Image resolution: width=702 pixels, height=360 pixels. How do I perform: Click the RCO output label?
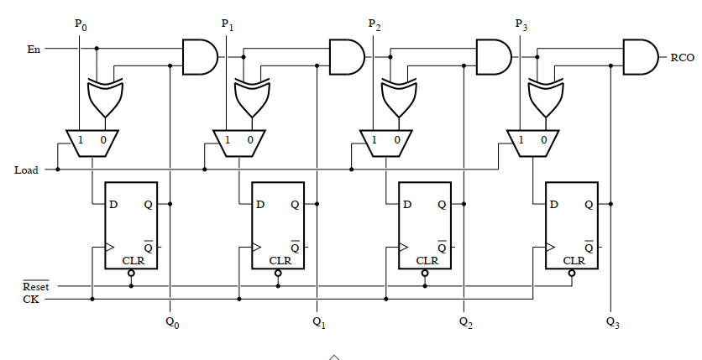pos(681,58)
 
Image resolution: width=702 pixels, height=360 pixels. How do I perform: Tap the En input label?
pos(34,50)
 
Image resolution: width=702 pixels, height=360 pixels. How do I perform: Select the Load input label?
pos(26,170)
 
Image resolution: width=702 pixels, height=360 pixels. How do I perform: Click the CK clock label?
pos(29,299)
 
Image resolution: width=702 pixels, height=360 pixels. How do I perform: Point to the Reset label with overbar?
pos(35,287)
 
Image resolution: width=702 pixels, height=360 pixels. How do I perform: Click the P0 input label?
pos(81,24)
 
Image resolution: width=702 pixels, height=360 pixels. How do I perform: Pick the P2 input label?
pos(375,24)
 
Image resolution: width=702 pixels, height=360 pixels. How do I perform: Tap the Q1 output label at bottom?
pos(318,321)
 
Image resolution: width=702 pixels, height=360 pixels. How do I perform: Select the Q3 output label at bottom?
pos(612,321)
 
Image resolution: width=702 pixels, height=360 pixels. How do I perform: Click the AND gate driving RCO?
pos(639,57)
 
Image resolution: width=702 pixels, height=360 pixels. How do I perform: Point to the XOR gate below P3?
pos(544,97)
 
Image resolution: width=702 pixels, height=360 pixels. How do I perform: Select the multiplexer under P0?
pos(92,141)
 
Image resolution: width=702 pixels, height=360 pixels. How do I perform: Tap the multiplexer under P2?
pos(386,141)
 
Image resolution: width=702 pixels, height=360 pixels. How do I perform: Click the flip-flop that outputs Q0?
pos(130,225)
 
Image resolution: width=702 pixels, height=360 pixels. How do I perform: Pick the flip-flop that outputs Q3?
pos(571,225)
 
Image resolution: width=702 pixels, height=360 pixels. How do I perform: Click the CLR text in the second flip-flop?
pos(280,260)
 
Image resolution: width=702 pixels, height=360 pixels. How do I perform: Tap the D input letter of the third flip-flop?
pos(407,204)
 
